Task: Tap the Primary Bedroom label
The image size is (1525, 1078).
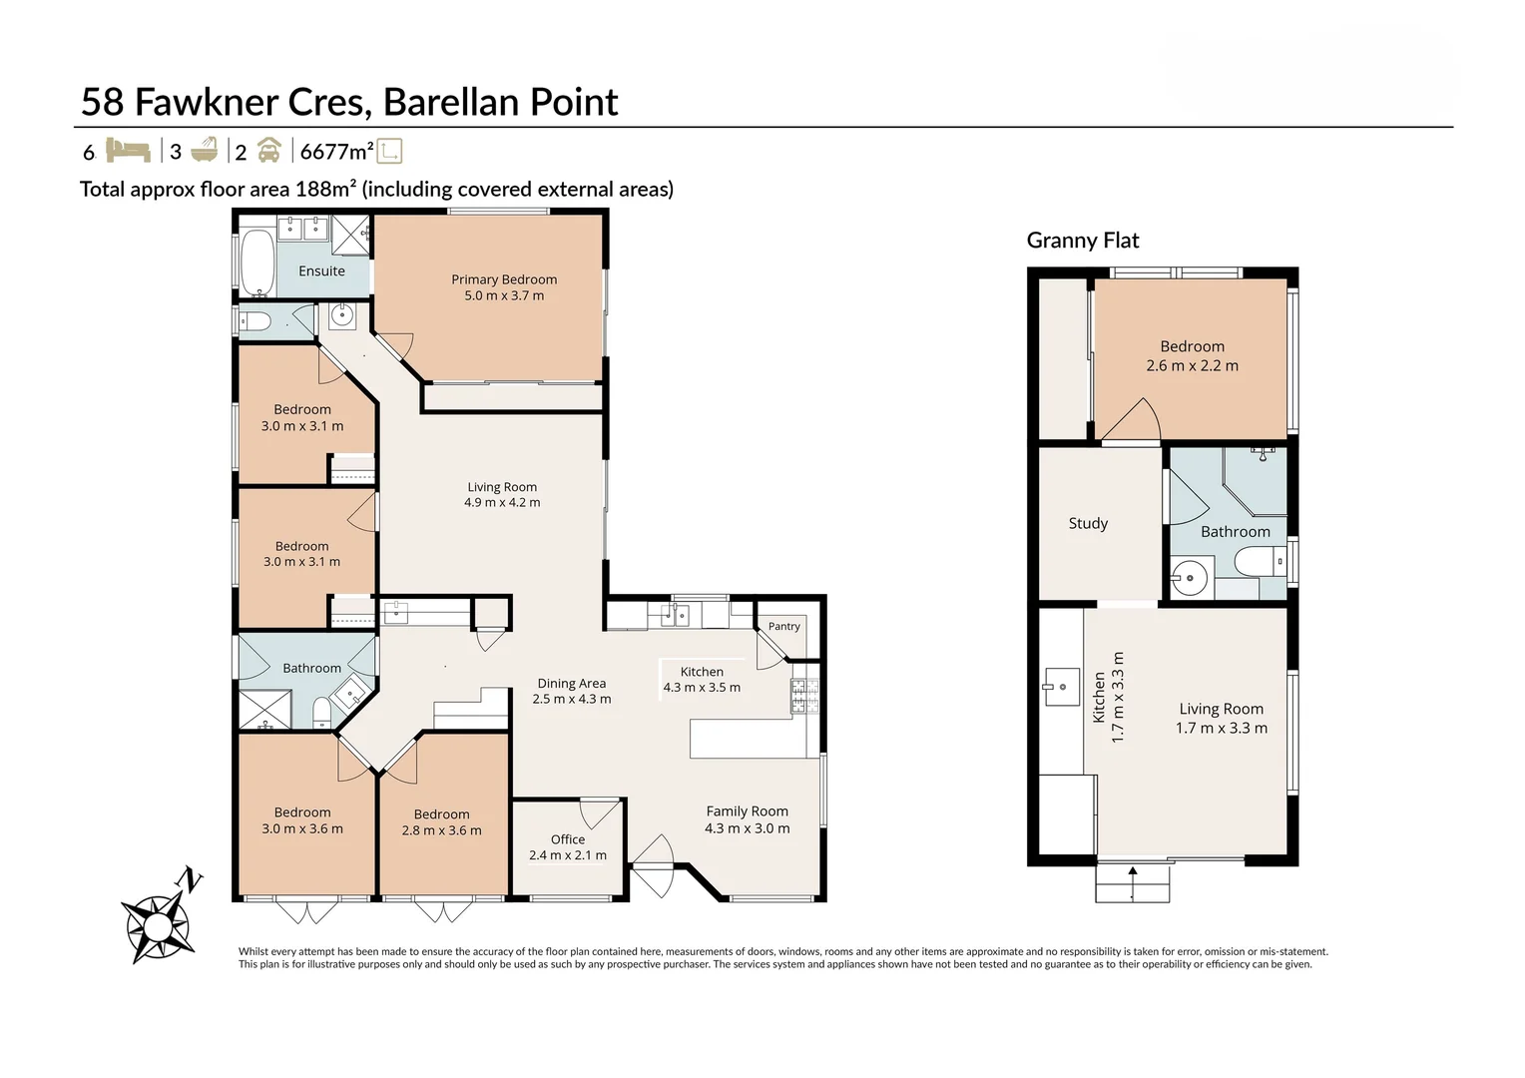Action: [x=504, y=279]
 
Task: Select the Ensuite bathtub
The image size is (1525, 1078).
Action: [x=257, y=264]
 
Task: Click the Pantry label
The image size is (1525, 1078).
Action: [x=783, y=626]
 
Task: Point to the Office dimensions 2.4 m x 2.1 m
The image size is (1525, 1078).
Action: [x=568, y=854]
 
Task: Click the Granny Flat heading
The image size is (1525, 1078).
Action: [x=1083, y=240]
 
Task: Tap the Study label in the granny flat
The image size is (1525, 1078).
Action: [x=1088, y=523]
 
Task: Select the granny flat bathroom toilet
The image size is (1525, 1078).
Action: [x=1260, y=563]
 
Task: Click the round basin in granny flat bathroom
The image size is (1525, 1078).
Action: [x=1190, y=578]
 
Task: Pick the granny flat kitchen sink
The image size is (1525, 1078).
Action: [x=1062, y=687]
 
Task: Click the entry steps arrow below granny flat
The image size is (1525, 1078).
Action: [x=1132, y=883]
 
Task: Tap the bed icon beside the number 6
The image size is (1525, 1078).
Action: [x=128, y=150]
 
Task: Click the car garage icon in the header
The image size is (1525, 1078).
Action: [x=269, y=151]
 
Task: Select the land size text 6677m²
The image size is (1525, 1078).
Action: [x=337, y=151]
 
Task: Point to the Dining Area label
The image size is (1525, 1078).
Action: [x=571, y=683]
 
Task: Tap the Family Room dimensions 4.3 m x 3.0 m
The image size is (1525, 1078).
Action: [x=747, y=828]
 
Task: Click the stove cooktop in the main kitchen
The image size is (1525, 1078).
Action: [x=804, y=696]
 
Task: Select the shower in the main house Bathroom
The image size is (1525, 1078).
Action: [x=264, y=709]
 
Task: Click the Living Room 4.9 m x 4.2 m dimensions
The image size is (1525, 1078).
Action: [x=502, y=502]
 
